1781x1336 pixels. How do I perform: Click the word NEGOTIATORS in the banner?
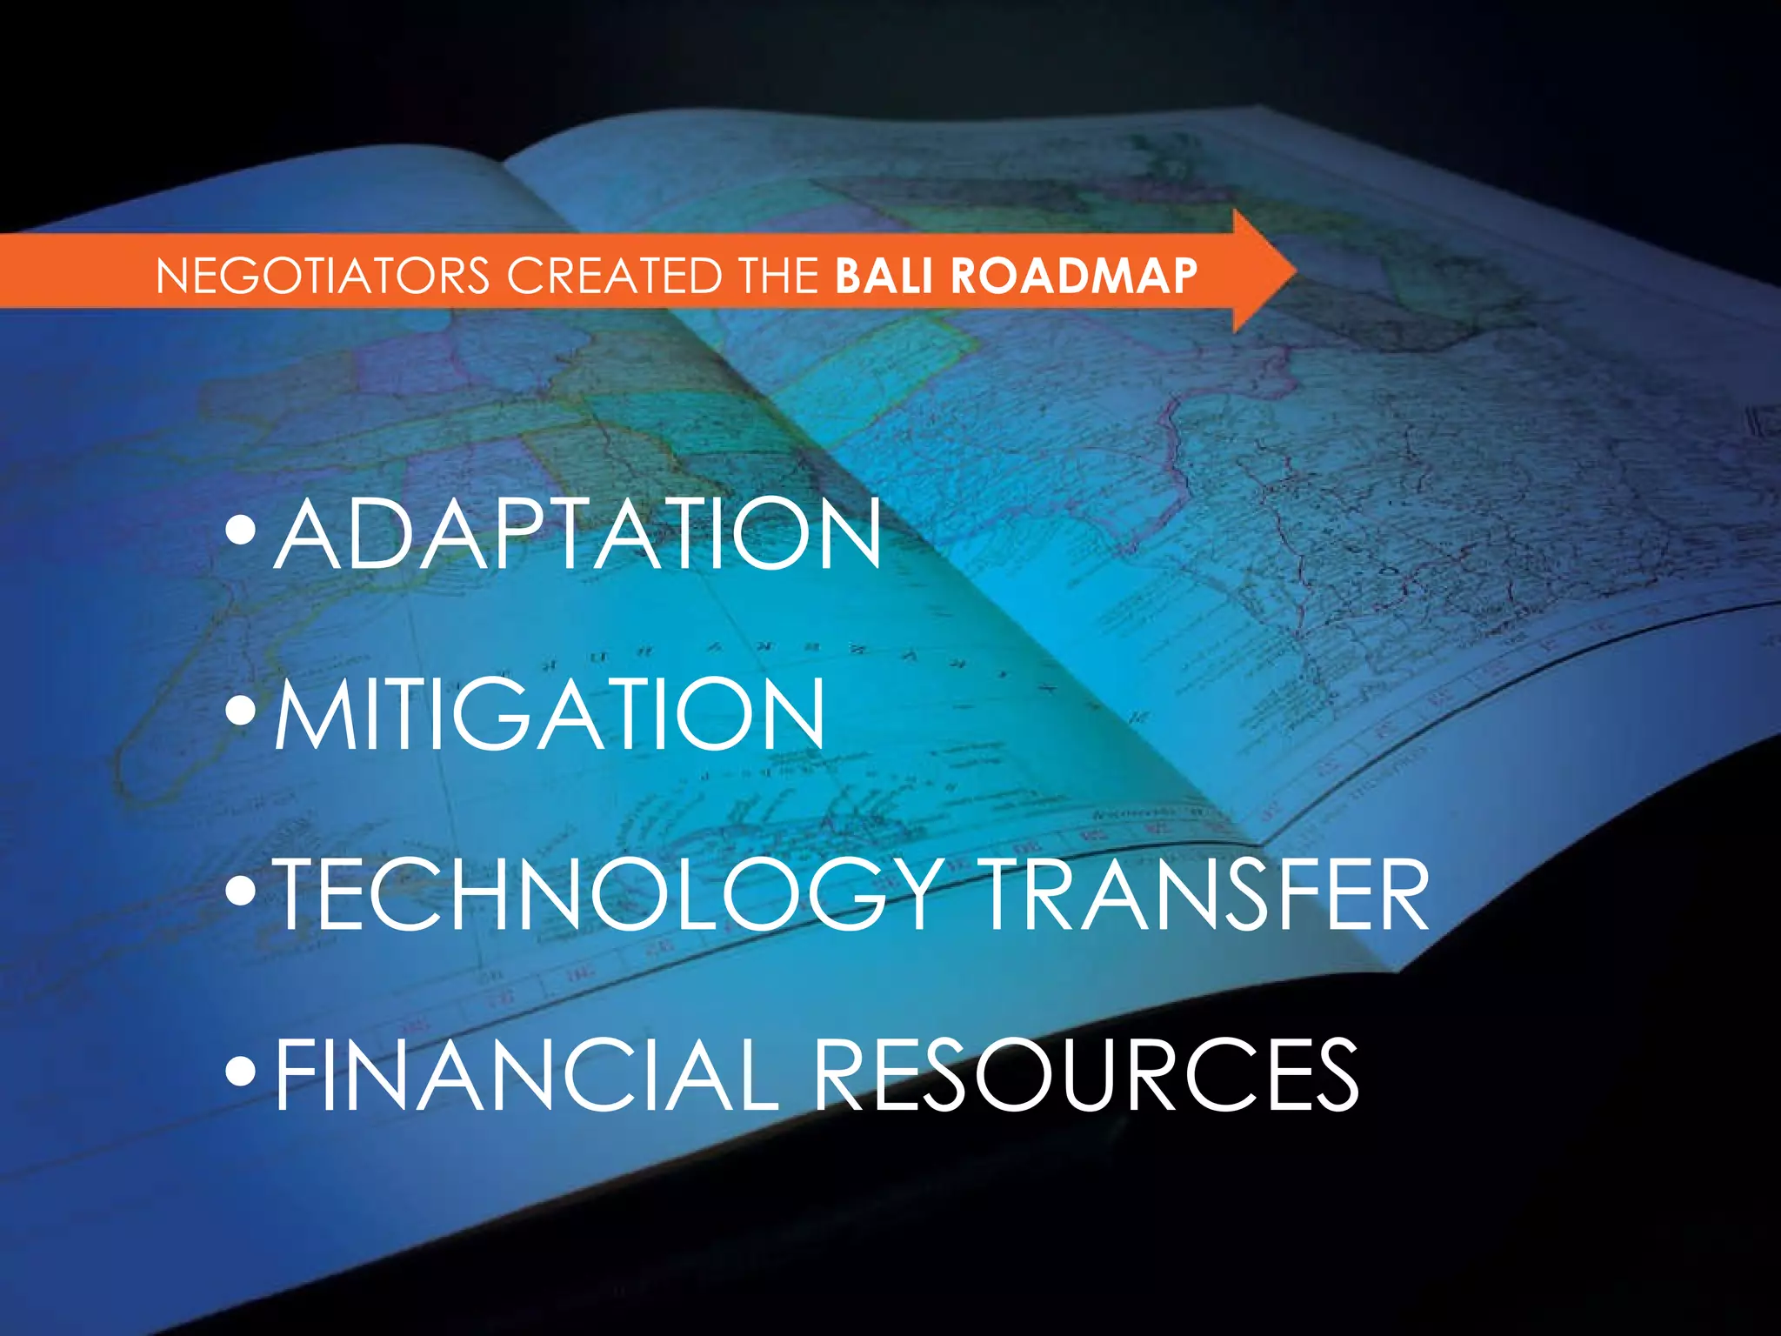pos(323,276)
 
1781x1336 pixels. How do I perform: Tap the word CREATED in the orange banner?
pos(615,276)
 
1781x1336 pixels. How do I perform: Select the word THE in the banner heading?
pos(778,276)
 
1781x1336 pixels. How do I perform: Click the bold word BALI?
pos(886,276)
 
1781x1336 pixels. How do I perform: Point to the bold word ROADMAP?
pos(1074,276)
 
